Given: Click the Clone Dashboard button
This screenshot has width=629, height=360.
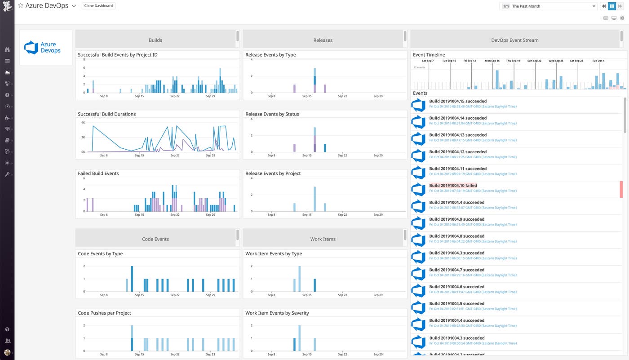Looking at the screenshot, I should [99, 6].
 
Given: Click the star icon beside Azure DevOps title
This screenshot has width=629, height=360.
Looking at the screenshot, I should [21, 6].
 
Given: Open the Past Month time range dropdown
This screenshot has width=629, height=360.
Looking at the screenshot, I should [548, 6].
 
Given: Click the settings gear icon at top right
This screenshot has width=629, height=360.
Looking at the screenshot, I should [622, 18].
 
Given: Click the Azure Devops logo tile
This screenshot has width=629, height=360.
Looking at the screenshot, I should [45, 48].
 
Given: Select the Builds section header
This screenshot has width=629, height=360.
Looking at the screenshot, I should [155, 40].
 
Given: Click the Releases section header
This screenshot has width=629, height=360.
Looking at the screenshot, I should [323, 40].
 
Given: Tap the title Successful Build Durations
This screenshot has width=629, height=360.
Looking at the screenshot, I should [106, 114].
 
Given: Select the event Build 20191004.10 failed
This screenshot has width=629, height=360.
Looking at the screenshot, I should [453, 186].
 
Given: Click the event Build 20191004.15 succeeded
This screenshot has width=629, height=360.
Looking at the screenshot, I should [458, 101].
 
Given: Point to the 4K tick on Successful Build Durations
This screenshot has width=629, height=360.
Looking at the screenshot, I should [83, 123].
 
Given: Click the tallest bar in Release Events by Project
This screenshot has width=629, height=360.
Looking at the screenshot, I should [314, 199].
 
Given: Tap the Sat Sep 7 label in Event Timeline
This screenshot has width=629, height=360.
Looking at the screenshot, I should [428, 61].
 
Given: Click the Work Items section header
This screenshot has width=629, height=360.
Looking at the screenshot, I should [323, 239].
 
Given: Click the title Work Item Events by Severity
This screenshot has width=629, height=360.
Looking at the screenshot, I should [277, 313].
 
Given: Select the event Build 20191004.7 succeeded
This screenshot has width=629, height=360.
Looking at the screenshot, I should [456, 270].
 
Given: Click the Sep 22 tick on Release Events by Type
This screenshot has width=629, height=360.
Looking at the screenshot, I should [342, 96].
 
